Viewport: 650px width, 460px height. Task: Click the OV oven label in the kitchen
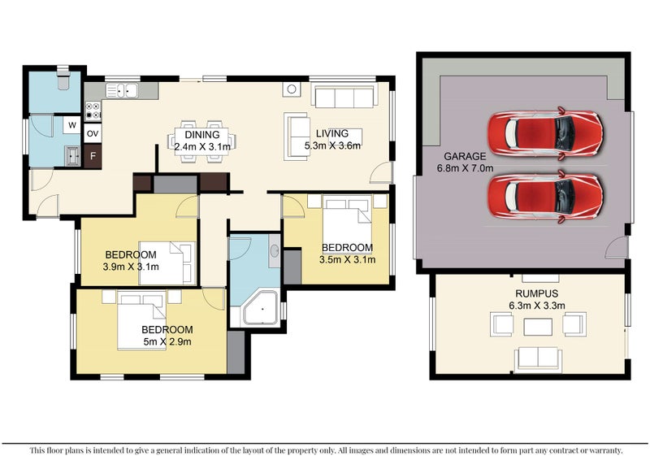tap(93, 133)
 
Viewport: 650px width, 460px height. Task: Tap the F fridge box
tap(93, 156)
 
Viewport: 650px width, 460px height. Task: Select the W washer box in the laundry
tap(72, 125)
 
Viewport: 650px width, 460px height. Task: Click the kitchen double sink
tap(121, 90)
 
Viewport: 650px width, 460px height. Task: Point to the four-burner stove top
tap(93, 111)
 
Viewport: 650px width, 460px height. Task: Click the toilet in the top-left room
tap(63, 78)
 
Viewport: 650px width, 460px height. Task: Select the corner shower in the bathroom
tap(261, 307)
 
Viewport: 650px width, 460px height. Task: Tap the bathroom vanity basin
tap(275, 250)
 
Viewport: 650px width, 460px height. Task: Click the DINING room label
tap(202, 135)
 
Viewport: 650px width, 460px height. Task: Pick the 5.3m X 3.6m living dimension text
tap(332, 145)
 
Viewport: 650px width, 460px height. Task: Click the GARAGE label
tap(465, 156)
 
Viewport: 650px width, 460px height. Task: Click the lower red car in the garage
tap(545, 197)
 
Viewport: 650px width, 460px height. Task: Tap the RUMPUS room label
tap(537, 293)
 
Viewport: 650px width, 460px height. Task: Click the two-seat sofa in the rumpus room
tap(538, 359)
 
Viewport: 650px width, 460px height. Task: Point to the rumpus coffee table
tap(538, 327)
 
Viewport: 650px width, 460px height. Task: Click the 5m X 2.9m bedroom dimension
tap(167, 342)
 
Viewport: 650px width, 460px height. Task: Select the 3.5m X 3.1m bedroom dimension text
tap(348, 259)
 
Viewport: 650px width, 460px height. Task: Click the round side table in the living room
tap(292, 89)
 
